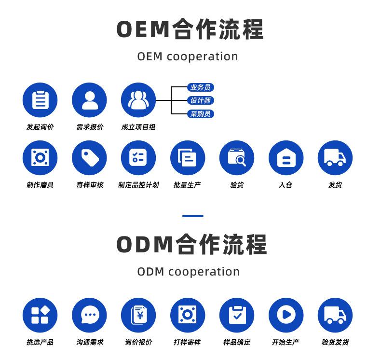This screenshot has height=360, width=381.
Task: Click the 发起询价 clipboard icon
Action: pos(40,100)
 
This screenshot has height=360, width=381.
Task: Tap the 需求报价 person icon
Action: pos(89,100)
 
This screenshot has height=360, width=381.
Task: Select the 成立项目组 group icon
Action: pos(138,100)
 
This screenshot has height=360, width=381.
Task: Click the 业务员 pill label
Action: pos(200,87)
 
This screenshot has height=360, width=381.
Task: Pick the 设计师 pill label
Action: pos(200,100)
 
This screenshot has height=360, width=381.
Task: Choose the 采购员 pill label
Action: pos(200,114)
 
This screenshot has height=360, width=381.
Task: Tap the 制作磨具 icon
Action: pos(40,158)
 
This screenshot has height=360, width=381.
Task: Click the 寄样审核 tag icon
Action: pos(89,158)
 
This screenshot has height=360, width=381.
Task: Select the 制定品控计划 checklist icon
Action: pos(138,158)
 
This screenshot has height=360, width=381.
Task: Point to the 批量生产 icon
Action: pos(188,158)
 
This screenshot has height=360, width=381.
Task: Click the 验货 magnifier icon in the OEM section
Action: pos(237,158)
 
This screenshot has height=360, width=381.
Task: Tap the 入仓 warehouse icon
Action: pos(286,158)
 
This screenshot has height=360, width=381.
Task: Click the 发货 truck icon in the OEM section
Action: pos(335,158)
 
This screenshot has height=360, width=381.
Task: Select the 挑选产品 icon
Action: pos(40,315)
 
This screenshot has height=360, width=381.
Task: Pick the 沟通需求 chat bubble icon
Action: pos(89,315)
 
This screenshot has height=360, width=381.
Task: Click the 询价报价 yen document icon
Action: pos(138,315)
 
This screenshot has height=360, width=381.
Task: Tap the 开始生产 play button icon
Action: pos(286,315)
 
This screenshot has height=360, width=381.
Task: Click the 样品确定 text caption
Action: pos(237,342)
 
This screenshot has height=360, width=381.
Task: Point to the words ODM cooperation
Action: pos(188,271)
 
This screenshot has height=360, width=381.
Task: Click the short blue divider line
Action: pos(192,216)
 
